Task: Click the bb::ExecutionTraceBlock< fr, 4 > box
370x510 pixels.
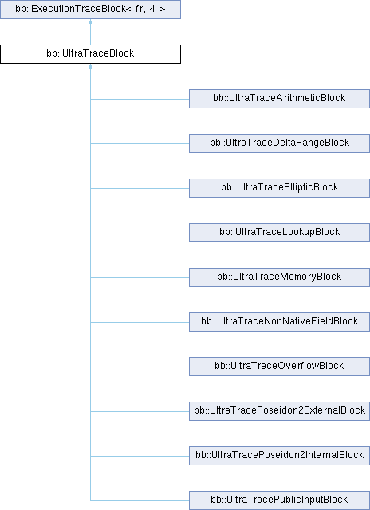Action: pyautogui.click(x=90, y=10)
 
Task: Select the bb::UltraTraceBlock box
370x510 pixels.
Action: pyautogui.click(x=90, y=54)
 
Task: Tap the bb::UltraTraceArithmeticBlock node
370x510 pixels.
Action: pyautogui.click(x=279, y=99)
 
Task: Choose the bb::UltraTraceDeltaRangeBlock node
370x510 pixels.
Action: pyautogui.click(x=279, y=143)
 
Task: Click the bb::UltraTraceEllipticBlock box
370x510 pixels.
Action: pyautogui.click(x=279, y=188)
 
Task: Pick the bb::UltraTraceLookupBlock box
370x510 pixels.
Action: pyautogui.click(x=279, y=233)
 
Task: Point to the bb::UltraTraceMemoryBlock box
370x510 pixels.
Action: pyautogui.click(x=279, y=277)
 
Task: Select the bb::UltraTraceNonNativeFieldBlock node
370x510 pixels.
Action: pyautogui.click(x=279, y=322)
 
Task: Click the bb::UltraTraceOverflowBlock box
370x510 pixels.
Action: pyautogui.click(x=279, y=367)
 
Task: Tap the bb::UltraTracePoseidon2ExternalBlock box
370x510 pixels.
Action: pyautogui.click(x=279, y=411)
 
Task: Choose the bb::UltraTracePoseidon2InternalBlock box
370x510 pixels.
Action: pyautogui.click(x=279, y=456)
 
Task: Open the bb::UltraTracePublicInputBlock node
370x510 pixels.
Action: pyautogui.click(x=279, y=500)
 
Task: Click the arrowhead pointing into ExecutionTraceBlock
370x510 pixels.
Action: pyautogui.click(x=90, y=22)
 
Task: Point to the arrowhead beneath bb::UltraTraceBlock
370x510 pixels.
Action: pyautogui.click(x=90, y=66)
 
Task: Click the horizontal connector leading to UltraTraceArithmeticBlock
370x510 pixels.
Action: pyautogui.click(x=140, y=99)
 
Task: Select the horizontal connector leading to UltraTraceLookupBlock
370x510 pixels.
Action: pyautogui.click(x=140, y=233)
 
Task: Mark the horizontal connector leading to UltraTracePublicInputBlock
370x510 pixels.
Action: pyautogui.click(x=140, y=500)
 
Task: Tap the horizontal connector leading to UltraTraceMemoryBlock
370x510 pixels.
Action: pyautogui.click(x=140, y=277)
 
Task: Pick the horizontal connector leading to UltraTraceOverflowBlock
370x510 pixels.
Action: pyautogui.click(x=140, y=367)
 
